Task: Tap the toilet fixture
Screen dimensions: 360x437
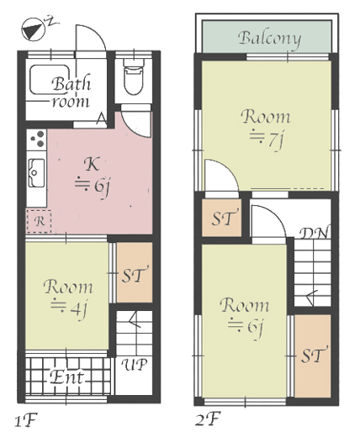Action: [x=134, y=77]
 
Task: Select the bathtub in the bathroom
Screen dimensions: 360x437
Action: [x=50, y=80]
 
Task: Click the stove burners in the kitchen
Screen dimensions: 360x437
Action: [x=37, y=139]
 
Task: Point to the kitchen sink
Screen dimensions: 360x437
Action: [x=36, y=173]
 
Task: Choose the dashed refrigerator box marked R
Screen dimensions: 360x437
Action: [x=39, y=221]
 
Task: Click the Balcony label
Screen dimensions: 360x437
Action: [x=270, y=39]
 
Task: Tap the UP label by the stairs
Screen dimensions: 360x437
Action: [x=135, y=365]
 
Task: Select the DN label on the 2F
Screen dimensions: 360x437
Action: [x=314, y=233]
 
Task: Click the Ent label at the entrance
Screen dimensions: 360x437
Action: [x=66, y=377]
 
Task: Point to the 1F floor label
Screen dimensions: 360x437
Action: [x=25, y=420]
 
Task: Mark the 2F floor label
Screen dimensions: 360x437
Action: [x=208, y=419]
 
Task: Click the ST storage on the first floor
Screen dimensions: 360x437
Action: [x=135, y=272]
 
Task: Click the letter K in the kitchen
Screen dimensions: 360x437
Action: [x=92, y=164]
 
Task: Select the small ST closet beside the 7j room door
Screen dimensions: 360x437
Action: [x=222, y=218]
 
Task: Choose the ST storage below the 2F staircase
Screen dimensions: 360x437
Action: [x=313, y=355]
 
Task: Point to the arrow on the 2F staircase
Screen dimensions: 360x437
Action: [x=312, y=297]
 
